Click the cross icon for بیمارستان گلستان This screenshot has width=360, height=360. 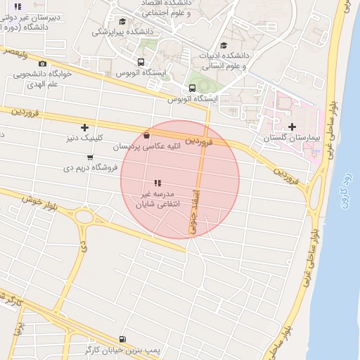pos(293,127)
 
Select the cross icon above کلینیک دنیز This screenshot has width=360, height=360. pos(85,127)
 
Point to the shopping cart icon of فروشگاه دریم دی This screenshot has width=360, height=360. pos(89,157)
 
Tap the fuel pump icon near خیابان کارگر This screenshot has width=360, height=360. pos(124,339)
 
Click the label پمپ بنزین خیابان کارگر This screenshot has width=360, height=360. pos(118,350)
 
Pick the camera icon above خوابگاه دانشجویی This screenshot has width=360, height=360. pos(42,63)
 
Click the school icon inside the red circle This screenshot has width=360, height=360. pos(157,182)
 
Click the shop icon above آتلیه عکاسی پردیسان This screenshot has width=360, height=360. pos(146,136)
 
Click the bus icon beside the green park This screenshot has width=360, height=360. pos(191,88)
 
